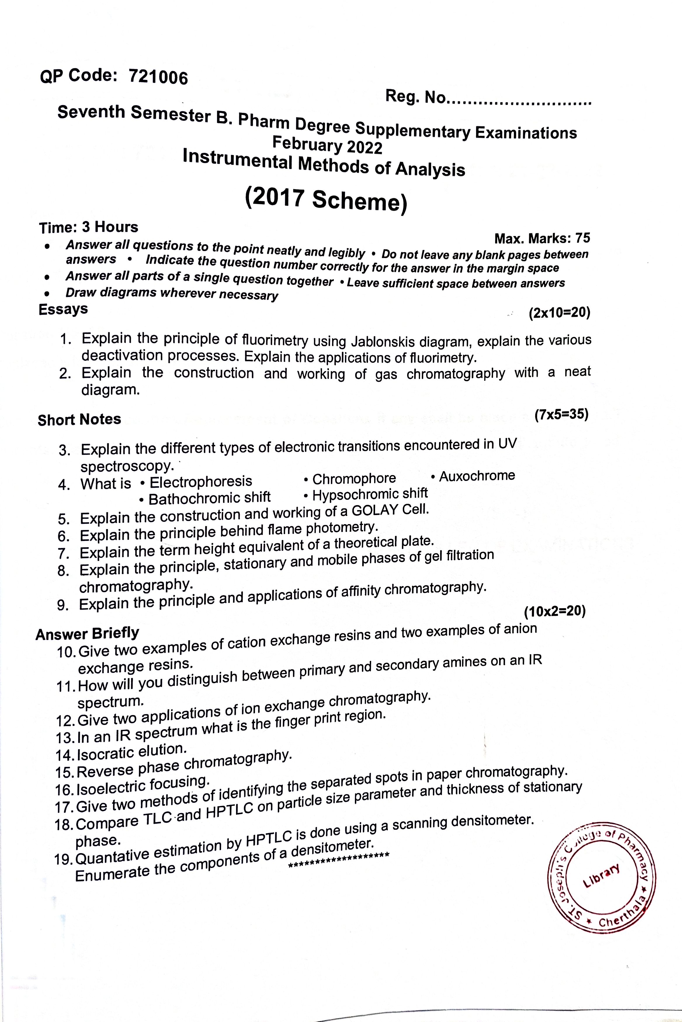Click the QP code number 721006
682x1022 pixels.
click(158, 77)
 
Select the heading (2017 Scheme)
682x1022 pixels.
click(326, 199)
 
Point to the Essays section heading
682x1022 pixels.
click(63, 309)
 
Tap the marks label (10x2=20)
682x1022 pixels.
click(555, 612)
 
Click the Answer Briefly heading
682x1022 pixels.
click(87, 634)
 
